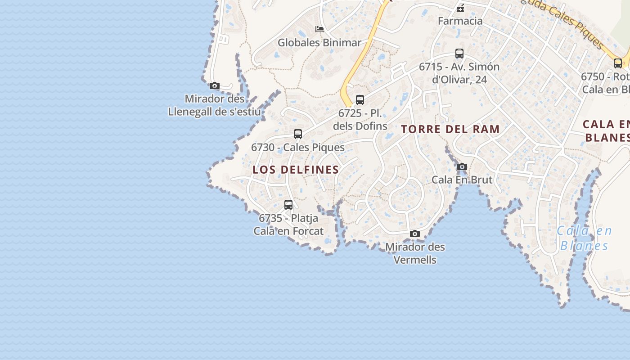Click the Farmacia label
coord(460,21)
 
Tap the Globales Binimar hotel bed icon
coord(319,29)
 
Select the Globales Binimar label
coord(319,43)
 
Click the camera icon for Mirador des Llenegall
coord(215,85)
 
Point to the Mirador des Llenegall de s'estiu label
coord(214,105)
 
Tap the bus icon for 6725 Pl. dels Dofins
coord(360,99)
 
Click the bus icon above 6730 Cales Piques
coord(298,134)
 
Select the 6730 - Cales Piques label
coord(298,147)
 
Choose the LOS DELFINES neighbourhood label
coord(296,170)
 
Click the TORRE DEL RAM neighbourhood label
coord(450,129)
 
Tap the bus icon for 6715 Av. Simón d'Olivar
coord(459,54)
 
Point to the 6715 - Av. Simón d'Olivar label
coord(459,73)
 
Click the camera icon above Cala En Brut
coord(462,167)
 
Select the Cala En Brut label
coord(462,180)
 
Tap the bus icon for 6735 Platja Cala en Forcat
coord(288,205)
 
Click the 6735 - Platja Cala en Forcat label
coord(288,225)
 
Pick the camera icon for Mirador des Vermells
coord(415,234)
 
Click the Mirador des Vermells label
coord(415,253)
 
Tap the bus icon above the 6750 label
coord(618,63)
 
